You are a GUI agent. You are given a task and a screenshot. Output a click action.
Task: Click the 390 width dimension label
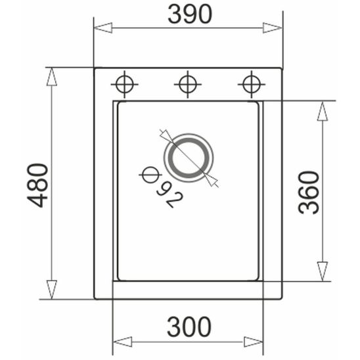(189, 14)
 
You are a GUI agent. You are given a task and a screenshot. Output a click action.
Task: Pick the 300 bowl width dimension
(189, 326)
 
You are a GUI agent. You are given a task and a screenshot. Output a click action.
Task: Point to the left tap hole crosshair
(125, 84)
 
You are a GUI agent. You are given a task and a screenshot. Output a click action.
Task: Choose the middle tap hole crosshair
(187, 84)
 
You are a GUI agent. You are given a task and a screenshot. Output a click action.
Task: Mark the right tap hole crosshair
(250, 84)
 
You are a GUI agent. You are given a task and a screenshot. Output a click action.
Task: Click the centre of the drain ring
(189, 158)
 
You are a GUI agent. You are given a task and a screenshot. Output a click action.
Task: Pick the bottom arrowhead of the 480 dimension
(52, 289)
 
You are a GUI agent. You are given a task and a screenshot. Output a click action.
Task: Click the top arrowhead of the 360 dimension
(322, 111)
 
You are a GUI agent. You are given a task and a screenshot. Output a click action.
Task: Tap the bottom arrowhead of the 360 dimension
(322, 271)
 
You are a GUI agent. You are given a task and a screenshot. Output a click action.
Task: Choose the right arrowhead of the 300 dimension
(254, 342)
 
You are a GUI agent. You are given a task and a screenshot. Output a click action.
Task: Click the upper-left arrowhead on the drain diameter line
(166, 137)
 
